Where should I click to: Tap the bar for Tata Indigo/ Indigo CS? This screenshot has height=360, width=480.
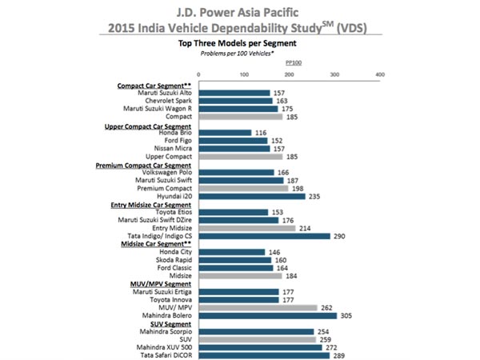(x=263, y=236)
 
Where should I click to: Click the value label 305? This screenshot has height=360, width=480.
(x=350, y=315)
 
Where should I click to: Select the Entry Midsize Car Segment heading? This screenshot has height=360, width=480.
(x=149, y=204)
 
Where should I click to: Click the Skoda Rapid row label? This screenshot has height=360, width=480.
(x=174, y=260)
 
